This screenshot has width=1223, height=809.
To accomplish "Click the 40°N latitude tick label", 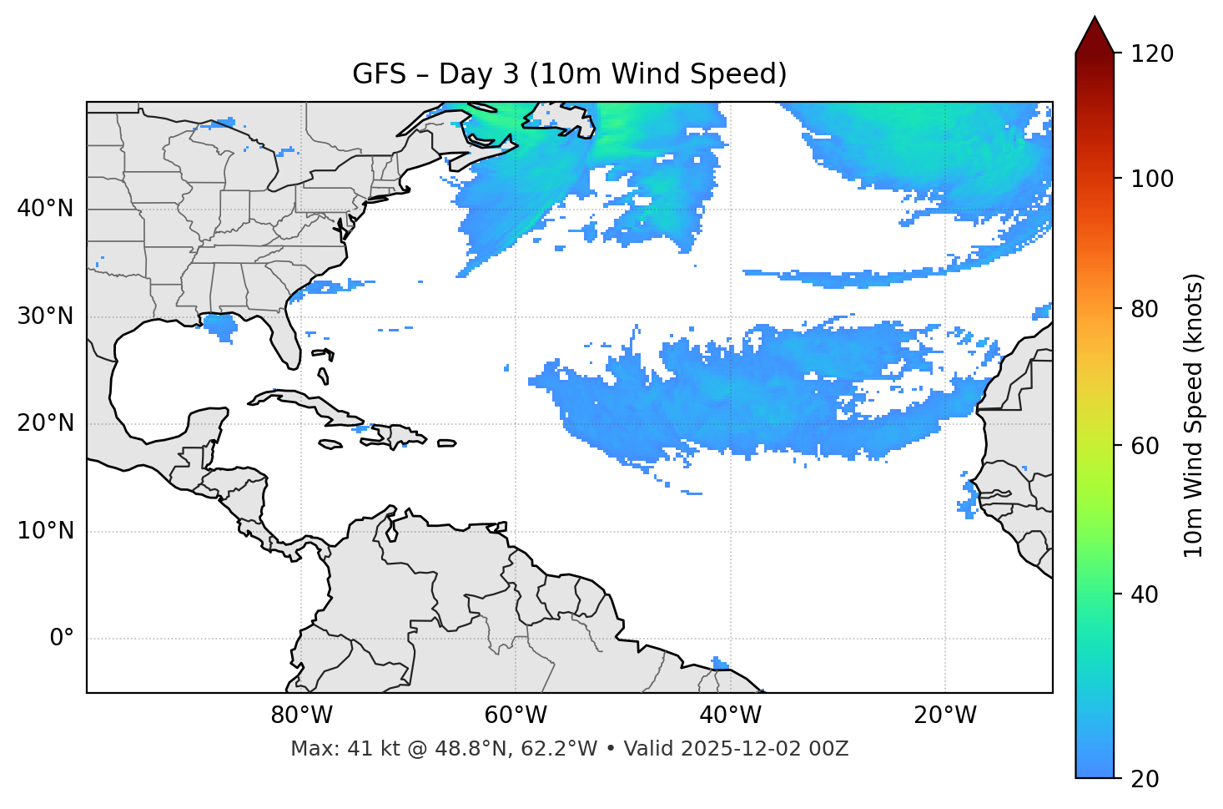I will click(x=45, y=209).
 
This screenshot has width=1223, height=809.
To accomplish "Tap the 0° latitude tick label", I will click(x=61, y=639).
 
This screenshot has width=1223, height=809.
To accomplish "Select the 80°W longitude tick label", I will click(x=301, y=715).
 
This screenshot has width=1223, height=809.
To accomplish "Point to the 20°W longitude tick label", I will click(x=945, y=715).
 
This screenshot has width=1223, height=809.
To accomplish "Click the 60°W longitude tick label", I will click(x=516, y=715).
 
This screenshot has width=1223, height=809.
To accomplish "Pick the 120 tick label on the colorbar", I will click(x=1152, y=53).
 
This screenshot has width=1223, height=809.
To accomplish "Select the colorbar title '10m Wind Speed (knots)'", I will click(x=1194, y=415).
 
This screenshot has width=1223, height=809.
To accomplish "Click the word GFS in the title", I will click(x=379, y=74).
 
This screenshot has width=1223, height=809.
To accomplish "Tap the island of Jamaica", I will click(x=330, y=445).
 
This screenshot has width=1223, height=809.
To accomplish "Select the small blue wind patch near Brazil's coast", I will click(x=720, y=663).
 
